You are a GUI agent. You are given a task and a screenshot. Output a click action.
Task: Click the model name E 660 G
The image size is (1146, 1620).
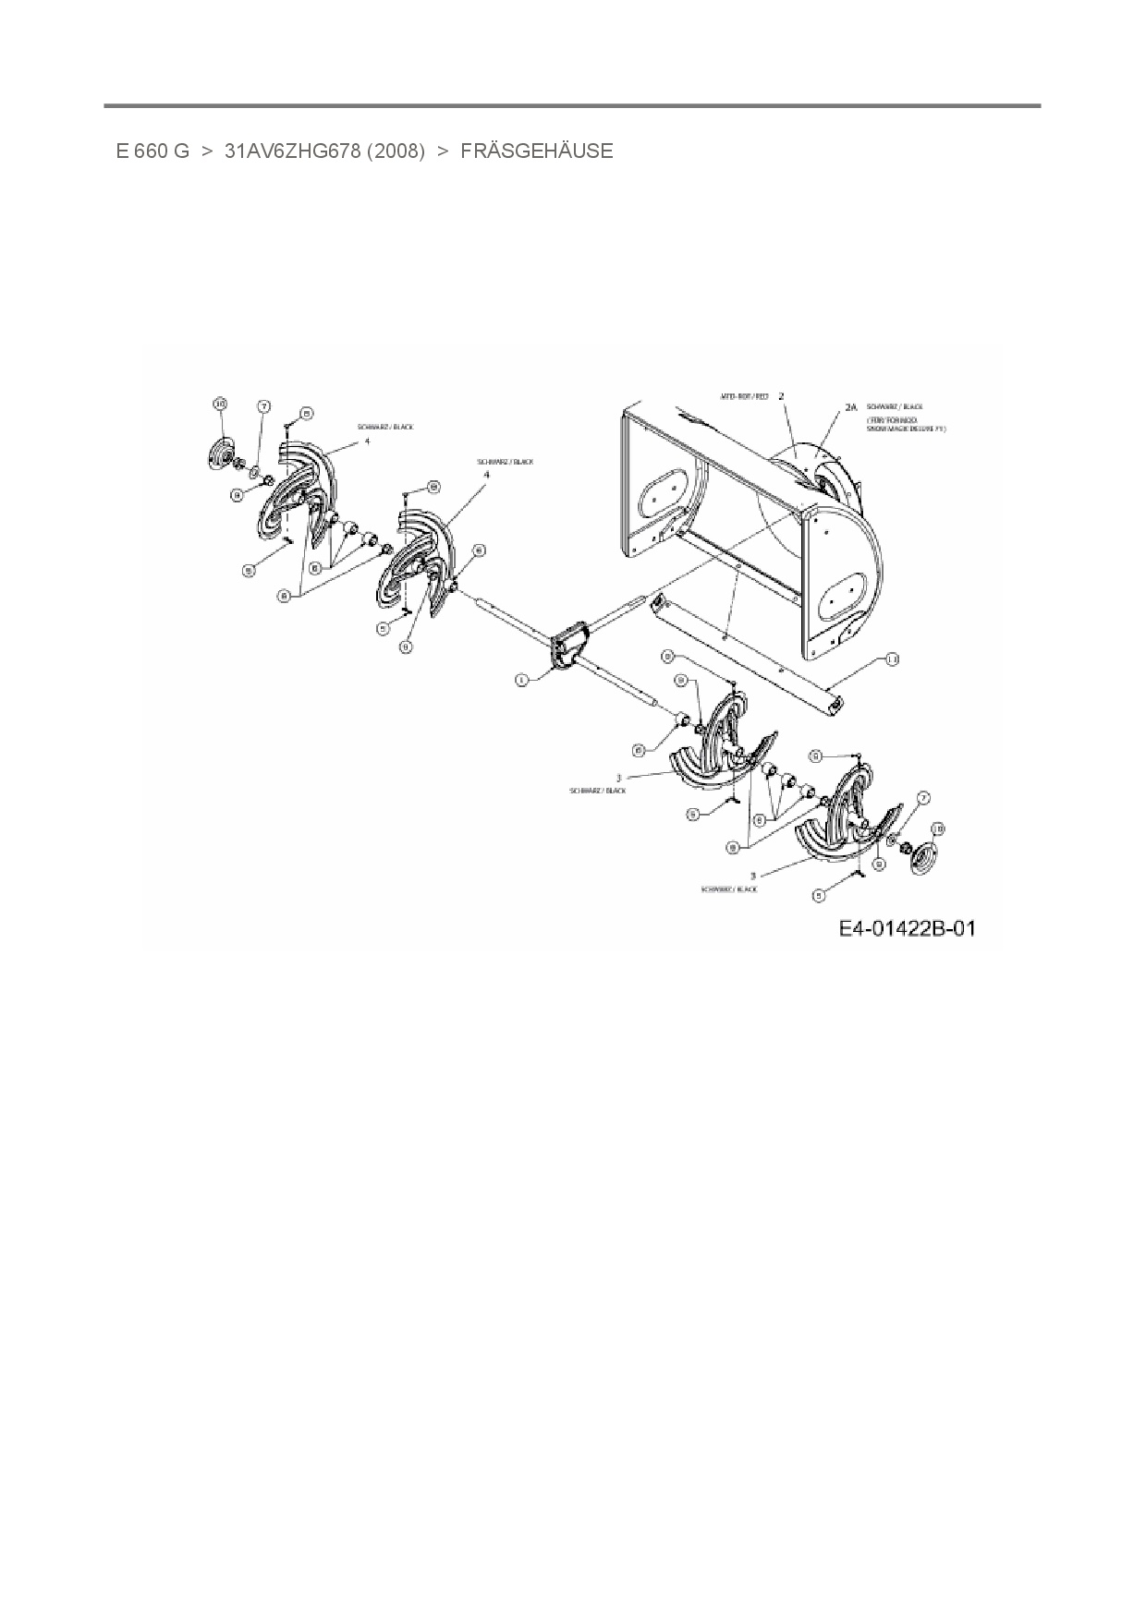point(152,151)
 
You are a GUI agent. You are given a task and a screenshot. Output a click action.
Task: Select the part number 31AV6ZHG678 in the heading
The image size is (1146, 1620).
point(292,151)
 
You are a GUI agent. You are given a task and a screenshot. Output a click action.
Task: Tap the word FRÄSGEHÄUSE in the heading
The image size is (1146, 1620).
point(536,151)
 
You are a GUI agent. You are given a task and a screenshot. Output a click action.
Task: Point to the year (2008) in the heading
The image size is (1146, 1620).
point(396,151)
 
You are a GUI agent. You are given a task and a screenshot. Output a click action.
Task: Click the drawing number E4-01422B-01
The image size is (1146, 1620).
point(907,928)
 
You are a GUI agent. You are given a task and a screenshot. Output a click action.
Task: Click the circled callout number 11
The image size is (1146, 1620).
point(891,659)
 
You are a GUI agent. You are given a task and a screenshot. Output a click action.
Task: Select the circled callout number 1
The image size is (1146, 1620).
point(521,680)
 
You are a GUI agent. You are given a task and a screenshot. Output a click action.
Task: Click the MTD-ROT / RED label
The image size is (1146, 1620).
point(745,396)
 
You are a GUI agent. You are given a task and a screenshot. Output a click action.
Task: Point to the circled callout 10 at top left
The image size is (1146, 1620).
point(219,404)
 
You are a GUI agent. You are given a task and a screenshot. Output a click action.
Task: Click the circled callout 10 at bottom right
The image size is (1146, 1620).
point(937,828)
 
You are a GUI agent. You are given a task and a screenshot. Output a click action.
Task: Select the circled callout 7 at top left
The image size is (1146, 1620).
point(263,406)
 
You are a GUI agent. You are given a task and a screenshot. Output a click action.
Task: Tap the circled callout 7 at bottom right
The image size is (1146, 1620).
point(923,798)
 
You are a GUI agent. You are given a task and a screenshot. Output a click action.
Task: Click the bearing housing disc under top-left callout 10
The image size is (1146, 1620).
point(221,455)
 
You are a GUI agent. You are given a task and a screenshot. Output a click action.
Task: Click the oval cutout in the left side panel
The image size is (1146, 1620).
point(660,491)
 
